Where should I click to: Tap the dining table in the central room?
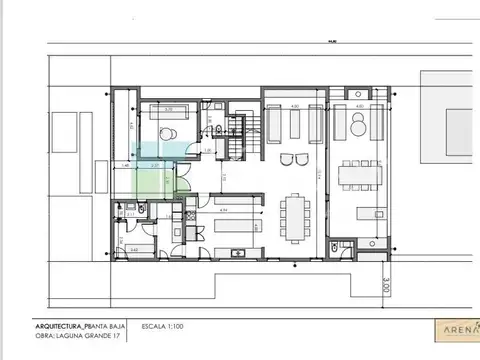297,215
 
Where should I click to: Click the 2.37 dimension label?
155,166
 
